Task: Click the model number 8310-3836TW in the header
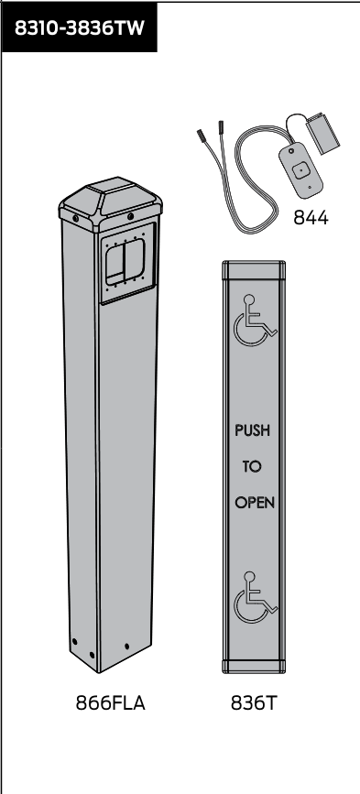[80, 27]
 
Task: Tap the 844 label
[311, 218]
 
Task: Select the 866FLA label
[110, 702]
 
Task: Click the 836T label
[254, 702]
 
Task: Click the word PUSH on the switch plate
[252, 430]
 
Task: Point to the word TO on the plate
[252, 466]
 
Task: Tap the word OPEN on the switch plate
[255, 503]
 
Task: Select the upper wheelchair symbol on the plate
[255, 320]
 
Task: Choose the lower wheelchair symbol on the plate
[255, 597]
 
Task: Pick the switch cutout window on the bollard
[125, 261]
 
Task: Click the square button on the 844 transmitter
[300, 170]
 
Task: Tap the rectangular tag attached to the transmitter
[322, 133]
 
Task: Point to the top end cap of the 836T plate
[254, 270]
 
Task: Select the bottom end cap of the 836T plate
[254, 667]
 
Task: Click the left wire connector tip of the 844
[200, 136]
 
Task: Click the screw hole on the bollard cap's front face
[131, 216]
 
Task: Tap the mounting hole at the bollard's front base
[126, 647]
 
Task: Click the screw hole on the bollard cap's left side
[75, 218]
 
